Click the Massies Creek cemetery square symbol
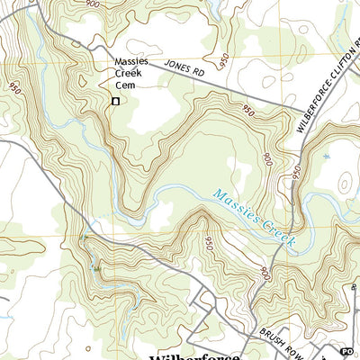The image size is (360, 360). point(115,102)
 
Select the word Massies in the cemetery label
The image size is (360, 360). point(130,63)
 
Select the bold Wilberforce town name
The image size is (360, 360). point(193,354)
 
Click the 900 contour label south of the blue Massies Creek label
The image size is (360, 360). point(263,272)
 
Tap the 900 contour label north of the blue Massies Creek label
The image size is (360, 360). point(268,158)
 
